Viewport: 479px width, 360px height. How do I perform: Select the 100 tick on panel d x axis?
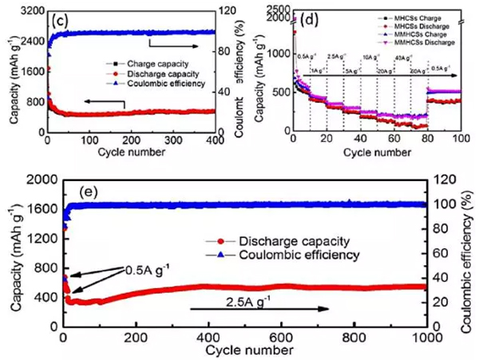[461, 141]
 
